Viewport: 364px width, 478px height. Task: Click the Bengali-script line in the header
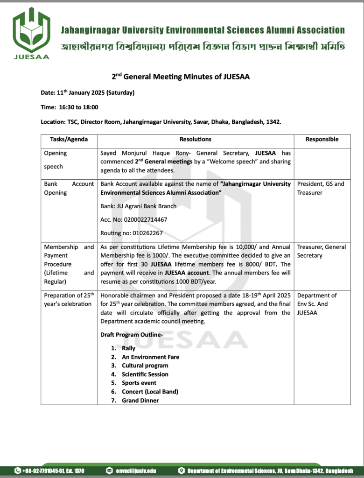203,47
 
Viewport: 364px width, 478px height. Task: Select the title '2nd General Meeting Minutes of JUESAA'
180,77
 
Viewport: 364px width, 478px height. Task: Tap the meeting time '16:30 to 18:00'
78,107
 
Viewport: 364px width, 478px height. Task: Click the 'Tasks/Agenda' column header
69,139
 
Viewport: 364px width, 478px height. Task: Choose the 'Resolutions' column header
195,139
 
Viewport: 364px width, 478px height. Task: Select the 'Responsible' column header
322,139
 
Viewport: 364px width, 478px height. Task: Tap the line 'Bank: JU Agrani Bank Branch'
139,206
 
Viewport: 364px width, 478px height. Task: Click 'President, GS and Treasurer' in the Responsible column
321,188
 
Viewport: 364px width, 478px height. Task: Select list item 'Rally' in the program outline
128,348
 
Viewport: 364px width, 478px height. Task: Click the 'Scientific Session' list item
145,374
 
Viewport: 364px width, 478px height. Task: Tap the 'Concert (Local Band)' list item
150,392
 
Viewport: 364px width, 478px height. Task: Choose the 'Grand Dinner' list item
140,401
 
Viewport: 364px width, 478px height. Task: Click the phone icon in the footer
18,471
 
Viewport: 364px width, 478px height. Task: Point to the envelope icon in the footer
109,471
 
